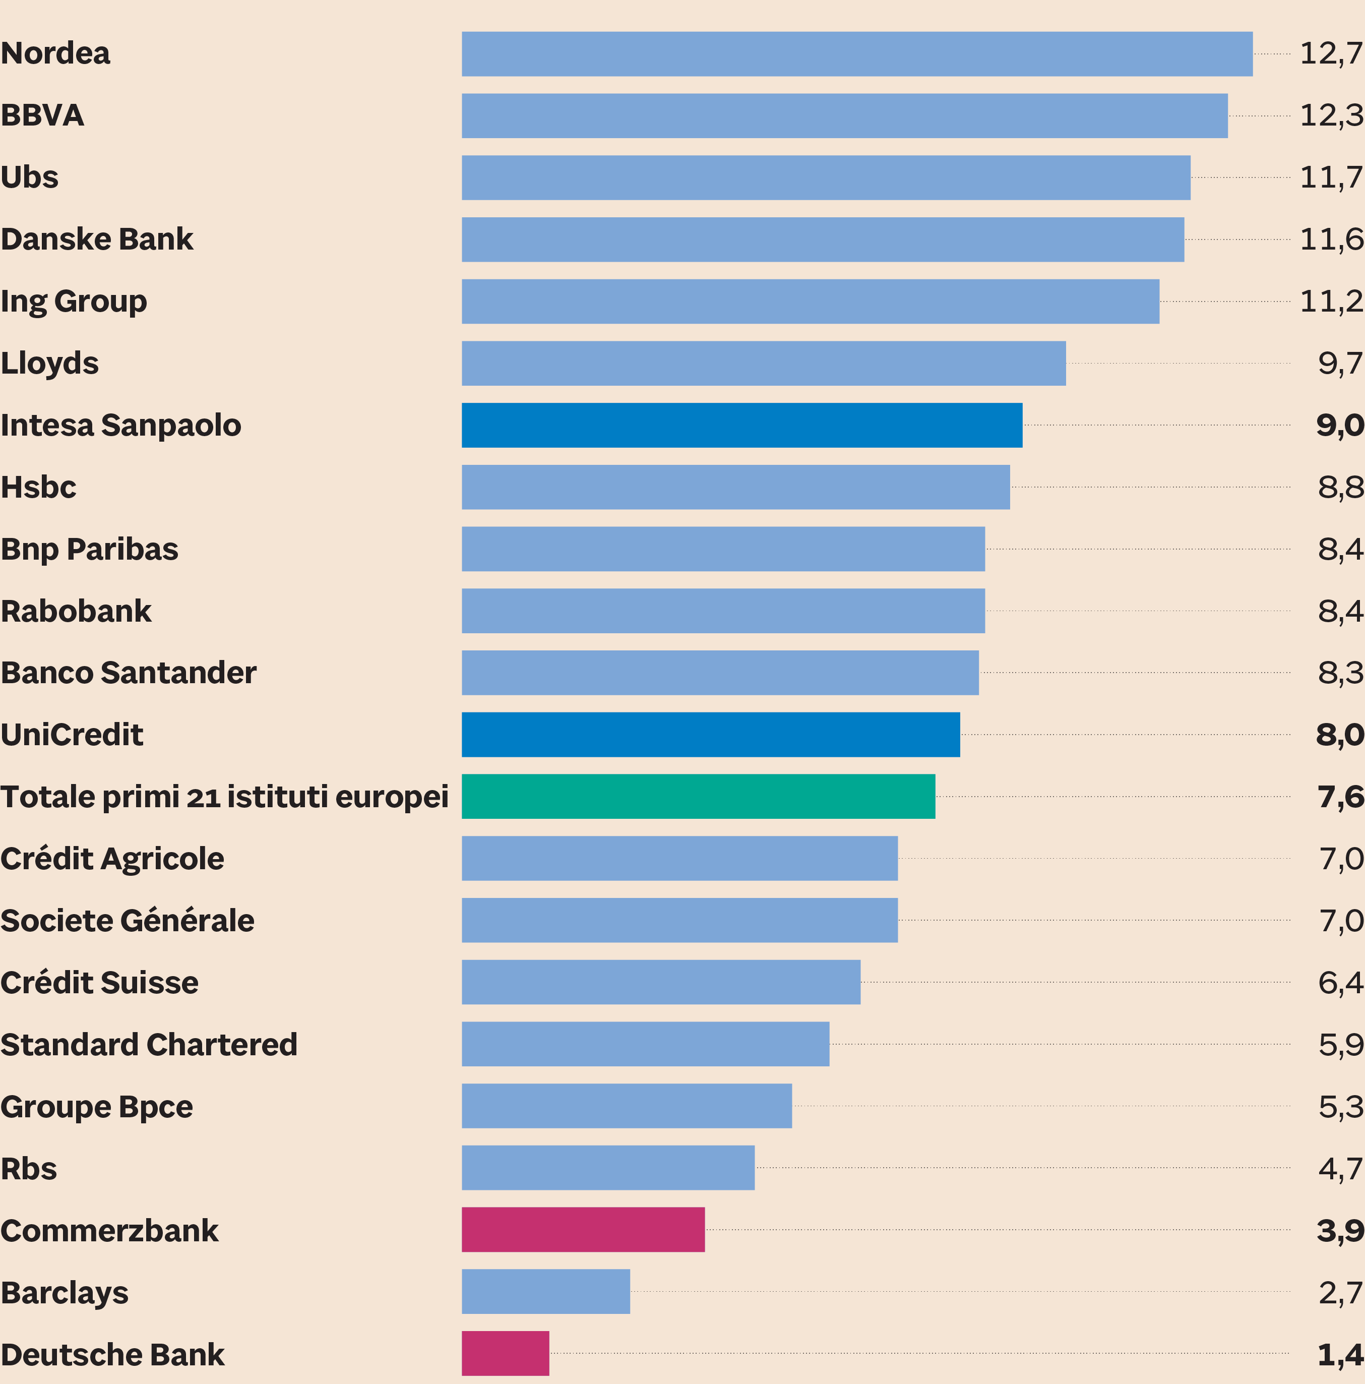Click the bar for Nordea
pyautogui.click(x=856, y=54)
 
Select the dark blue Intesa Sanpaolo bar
pyautogui.click(x=741, y=426)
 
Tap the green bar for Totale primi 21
pyautogui.click(x=698, y=797)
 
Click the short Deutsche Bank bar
pyautogui.click(x=505, y=1353)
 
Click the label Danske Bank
pyautogui.click(x=97, y=239)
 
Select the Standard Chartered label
pyautogui.click(x=148, y=1045)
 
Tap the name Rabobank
pyautogui.click(x=76, y=611)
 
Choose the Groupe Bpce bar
pyautogui.click(x=627, y=1106)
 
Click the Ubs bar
pyautogui.click(x=826, y=177)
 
